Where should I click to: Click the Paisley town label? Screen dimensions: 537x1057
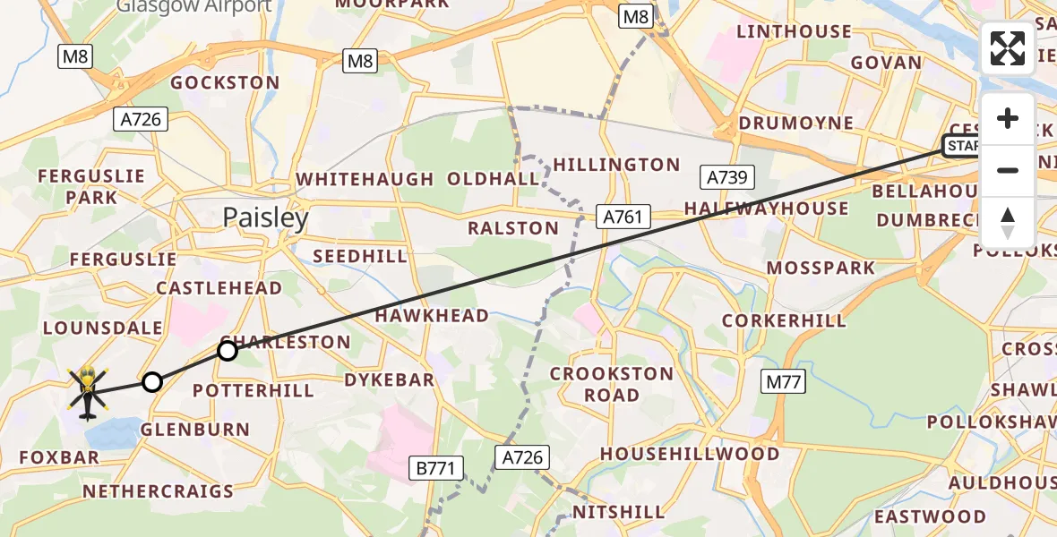[x=265, y=217]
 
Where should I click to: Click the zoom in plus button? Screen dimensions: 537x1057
[x=1008, y=119]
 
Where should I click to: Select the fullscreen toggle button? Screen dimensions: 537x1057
[x=1008, y=48]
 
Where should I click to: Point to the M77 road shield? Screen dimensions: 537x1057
[x=786, y=382]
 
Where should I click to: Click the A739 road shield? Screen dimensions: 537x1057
[x=726, y=177]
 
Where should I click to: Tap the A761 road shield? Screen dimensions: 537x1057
[x=622, y=216]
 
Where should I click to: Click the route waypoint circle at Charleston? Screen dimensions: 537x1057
[x=228, y=351]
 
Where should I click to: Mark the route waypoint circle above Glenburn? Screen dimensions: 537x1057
[x=152, y=383]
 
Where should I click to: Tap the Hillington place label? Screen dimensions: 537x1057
[x=616, y=165]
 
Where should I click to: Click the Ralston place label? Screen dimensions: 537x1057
[x=513, y=228]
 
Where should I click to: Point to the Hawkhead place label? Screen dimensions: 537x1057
[x=432, y=316]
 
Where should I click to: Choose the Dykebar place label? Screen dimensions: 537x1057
[x=390, y=379]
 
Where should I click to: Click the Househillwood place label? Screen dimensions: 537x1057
[x=690, y=454]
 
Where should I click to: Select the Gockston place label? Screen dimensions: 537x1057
[x=225, y=82]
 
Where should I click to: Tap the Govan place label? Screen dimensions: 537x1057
[x=886, y=63]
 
